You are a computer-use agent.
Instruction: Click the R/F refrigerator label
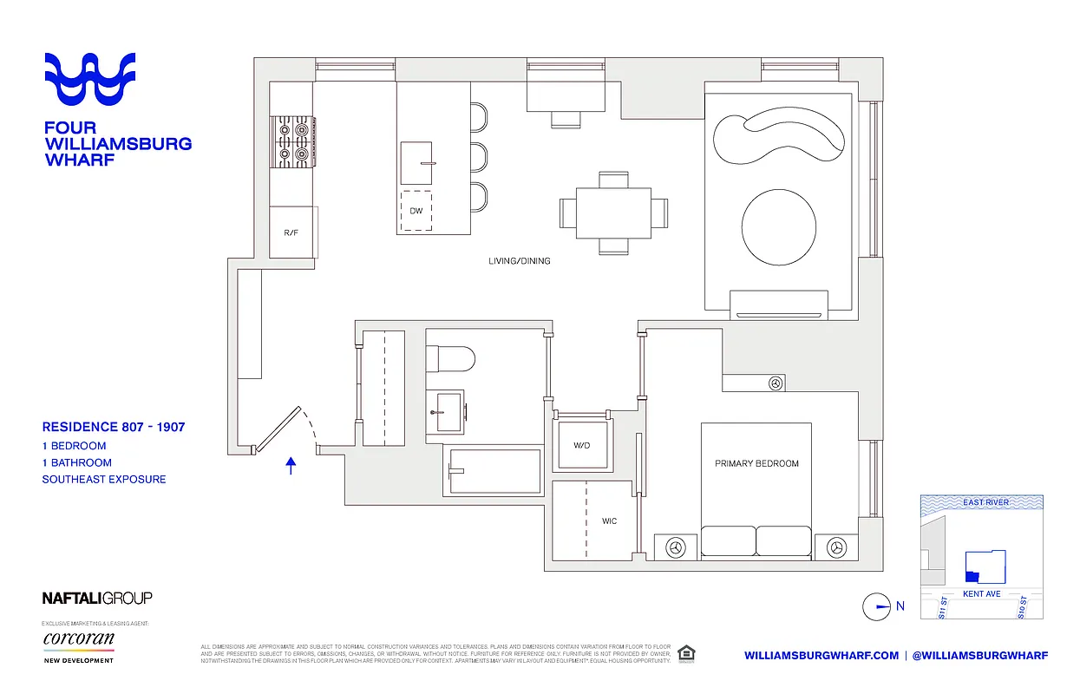(291, 232)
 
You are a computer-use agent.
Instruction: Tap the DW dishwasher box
(416, 211)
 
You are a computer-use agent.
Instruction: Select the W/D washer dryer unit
(581, 446)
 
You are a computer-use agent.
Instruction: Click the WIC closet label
(610, 521)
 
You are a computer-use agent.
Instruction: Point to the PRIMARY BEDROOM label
(756, 463)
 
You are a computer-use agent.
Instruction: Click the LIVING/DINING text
(519, 260)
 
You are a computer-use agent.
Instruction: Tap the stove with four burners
(292, 141)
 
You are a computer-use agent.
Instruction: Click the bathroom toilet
(450, 357)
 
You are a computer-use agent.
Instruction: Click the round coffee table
(778, 227)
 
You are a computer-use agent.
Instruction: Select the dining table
(613, 213)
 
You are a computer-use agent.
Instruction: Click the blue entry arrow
(291, 466)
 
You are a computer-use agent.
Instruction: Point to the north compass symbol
(877, 606)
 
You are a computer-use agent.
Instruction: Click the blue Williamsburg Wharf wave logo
(90, 80)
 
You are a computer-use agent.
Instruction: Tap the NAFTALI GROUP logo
(97, 598)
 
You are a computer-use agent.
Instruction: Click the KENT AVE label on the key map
(982, 594)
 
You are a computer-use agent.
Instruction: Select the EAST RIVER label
(985, 502)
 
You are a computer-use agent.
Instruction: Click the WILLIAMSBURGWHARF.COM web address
(821, 655)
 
